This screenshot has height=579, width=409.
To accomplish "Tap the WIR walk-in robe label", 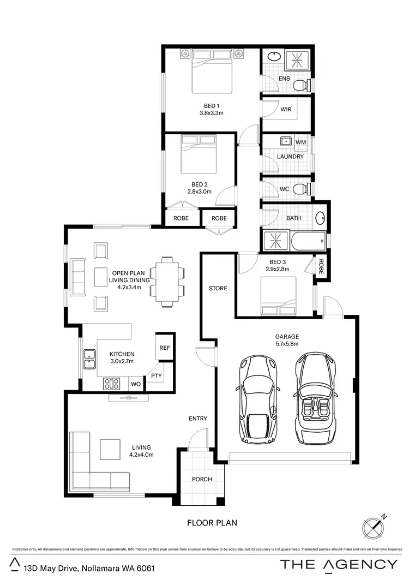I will tap(286, 109).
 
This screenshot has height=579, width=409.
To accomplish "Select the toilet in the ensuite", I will tap(300, 86).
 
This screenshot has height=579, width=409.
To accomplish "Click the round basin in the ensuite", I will tap(273, 57).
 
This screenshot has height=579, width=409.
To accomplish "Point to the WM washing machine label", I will tap(300, 142).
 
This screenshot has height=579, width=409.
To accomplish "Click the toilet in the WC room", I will tap(300, 189).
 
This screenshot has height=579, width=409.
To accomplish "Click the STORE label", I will tap(218, 288).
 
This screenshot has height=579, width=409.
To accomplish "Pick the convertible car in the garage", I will tap(316, 398).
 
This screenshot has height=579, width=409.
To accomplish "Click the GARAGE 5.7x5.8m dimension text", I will tap(287, 344).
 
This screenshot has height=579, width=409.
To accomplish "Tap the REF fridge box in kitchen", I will tap(164, 347).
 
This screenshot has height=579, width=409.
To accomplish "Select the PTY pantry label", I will tap(157, 375).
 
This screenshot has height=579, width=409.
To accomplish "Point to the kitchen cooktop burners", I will tap(112, 384).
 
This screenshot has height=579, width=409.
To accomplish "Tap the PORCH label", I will tap(202, 479).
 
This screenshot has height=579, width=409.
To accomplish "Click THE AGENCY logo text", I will tap(339, 564).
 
